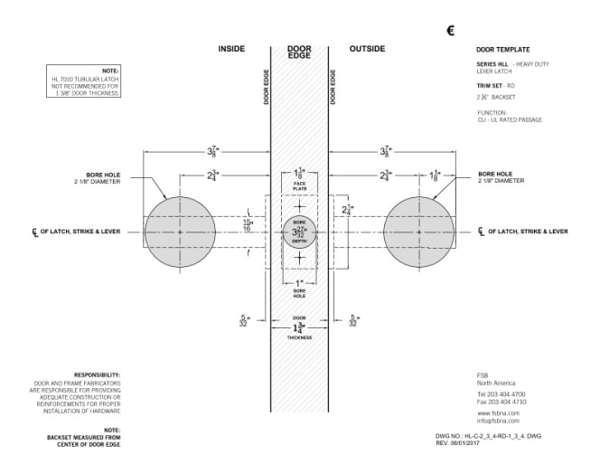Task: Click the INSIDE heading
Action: coord(232,49)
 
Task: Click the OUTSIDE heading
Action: coord(367,49)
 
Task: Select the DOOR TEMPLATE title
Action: coord(502,49)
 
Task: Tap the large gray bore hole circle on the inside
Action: coord(180,232)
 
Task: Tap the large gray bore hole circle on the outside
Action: coord(418,232)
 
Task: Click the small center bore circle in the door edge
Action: coord(299,232)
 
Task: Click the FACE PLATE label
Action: coord(299,187)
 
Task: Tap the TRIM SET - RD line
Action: coord(495,84)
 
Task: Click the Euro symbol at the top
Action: coord(451,31)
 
